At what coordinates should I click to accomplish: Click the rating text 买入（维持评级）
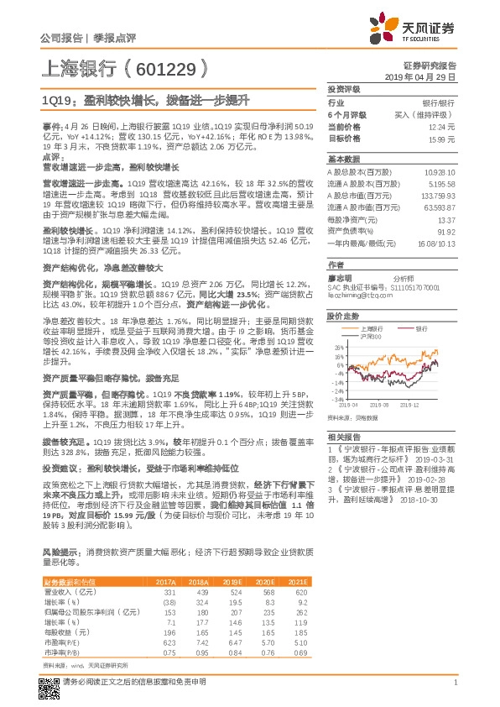point(430,113)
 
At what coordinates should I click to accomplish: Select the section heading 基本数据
point(342,159)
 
